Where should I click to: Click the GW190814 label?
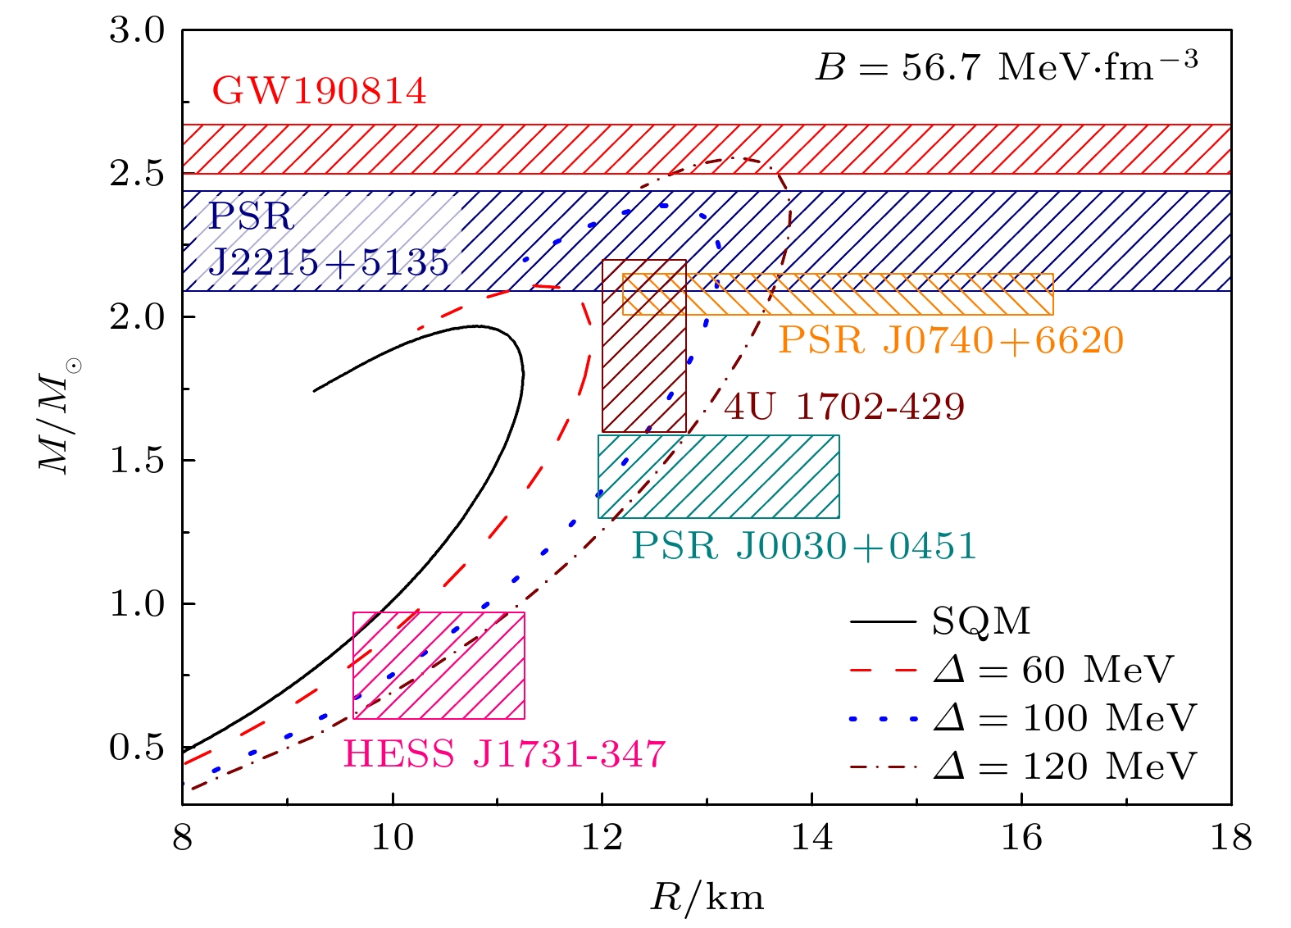click(x=319, y=91)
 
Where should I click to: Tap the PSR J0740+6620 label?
click(x=951, y=340)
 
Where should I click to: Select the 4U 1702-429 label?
click(x=844, y=406)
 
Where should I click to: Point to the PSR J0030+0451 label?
click(x=804, y=546)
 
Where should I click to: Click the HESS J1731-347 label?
click(x=504, y=754)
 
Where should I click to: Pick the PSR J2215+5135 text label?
click(x=328, y=239)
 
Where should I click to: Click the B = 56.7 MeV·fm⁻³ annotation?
click(x=1007, y=66)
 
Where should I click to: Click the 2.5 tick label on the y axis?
click(x=137, y=175)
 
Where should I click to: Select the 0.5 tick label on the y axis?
click(x=137, y=748)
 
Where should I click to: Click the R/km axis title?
click(x=707, y=898)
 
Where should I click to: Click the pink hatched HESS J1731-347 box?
click(x=439, y=666)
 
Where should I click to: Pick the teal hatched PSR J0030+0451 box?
click(x=719, y=476)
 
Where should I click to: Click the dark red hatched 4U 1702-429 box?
click(x=644, y=346)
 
